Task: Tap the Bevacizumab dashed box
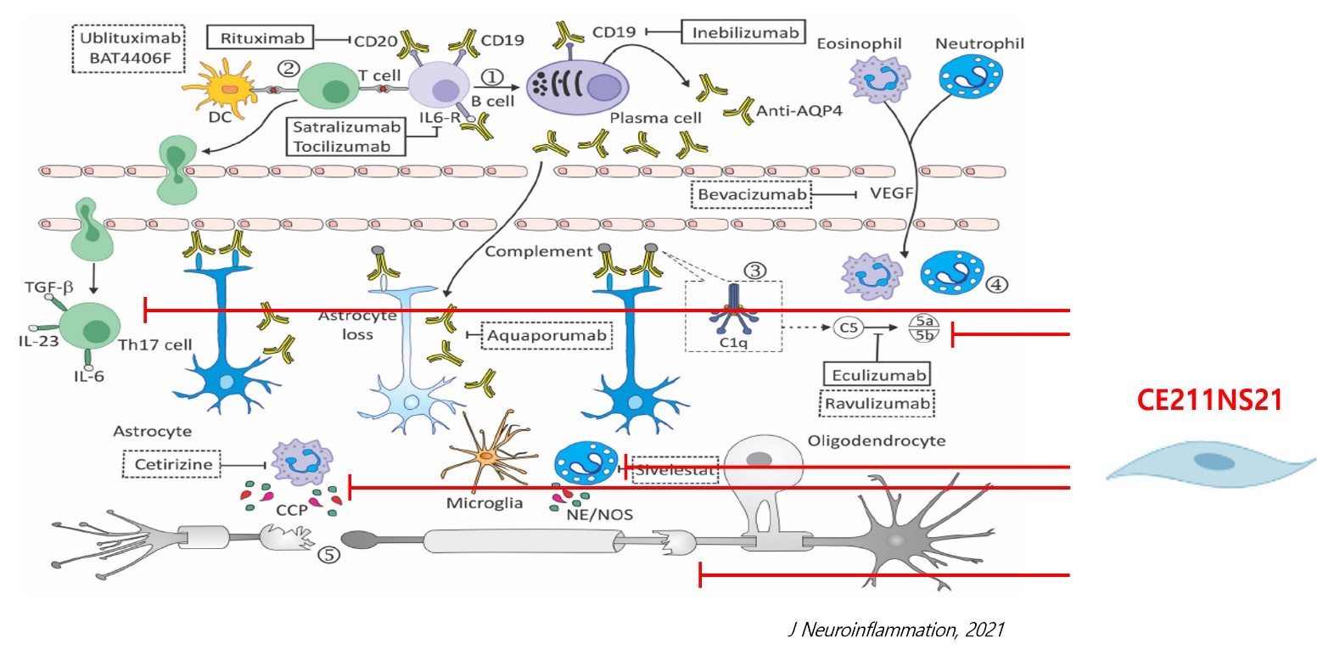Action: coord(752,195)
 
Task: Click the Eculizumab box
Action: coord(877,373)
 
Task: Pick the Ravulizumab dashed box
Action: coord(877,402)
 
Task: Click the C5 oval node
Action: coord(845,327)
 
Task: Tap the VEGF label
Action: coord(891,194)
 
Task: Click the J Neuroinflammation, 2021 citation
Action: coord(896,630)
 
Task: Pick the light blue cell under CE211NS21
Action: coord(1205,463)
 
